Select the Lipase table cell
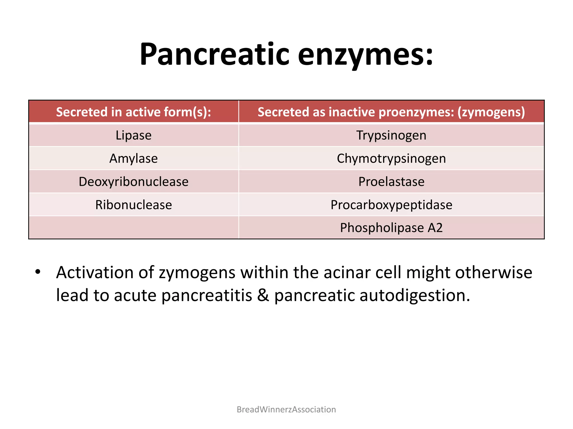point(133,135)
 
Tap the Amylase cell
point(133,159)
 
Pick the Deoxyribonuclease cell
point(133,182)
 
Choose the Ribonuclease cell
point(133,205)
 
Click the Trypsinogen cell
point(391,135)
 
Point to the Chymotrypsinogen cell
point(391,159)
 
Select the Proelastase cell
point(391,182)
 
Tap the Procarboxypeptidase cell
point(391,205)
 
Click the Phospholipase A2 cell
point(391,228)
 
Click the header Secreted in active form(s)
point(133,112)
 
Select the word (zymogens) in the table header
point(491,112)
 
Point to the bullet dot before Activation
point(38,272)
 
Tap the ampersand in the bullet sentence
point(263,295)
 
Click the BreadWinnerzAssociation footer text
point(286,409)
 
